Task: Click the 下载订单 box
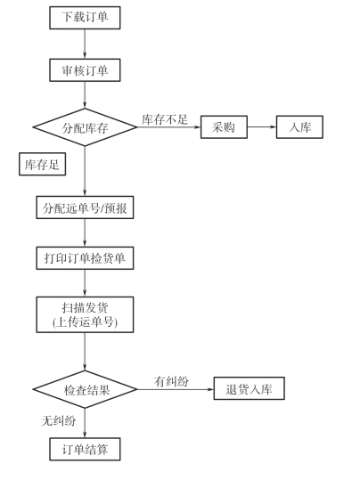tap(85, 18)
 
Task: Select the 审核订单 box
tap(85, 70)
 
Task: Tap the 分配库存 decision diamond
tap(85, 127)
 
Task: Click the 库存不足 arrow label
tap(165, 119)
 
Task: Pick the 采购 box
tap(224, 127)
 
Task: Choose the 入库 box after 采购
tap(299, 127)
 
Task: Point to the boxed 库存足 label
tap(42, 164)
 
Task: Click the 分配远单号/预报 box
tap(85, 207)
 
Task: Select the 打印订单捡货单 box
tap(85, 258)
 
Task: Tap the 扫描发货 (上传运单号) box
tap(85, 314)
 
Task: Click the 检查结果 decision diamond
tap(85, 389)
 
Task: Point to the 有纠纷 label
tap(171, 381)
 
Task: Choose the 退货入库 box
tap(250, 388)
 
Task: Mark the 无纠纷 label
tap(59, 421)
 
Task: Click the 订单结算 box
tap(85, 449)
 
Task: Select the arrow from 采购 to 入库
tap(262, 127)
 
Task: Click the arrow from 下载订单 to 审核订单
tap(85, 45)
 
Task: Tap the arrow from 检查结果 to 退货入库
tap(176, 389)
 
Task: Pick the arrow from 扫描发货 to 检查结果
tap(85, 352)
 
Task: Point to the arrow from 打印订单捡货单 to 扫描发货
tap(85, 283)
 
